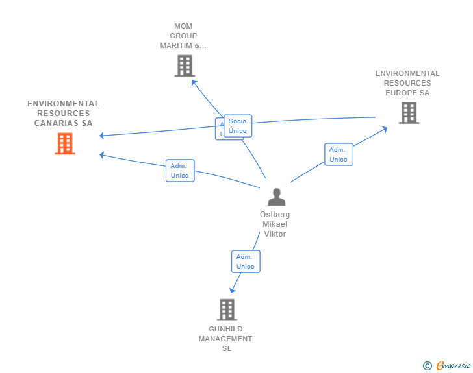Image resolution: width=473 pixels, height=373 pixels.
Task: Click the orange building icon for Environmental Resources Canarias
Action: (65, 143)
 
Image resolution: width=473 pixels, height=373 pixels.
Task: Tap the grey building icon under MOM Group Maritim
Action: (185, 66)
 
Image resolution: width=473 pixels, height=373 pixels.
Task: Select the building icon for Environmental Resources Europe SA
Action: (408, 113)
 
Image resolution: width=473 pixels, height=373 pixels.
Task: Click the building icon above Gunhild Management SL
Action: (227, 309)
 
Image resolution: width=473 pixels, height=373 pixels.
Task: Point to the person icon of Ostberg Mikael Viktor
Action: (277, 197)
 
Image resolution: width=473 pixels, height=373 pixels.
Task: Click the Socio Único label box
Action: (238, 126)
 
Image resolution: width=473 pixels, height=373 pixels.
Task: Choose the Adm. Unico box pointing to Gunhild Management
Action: (246, 261)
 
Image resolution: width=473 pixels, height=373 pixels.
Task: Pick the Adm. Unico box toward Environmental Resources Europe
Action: (339, 154)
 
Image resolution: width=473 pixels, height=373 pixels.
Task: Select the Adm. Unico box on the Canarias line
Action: (180, 171)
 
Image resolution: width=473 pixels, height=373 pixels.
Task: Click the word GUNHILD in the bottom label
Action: (225, 329)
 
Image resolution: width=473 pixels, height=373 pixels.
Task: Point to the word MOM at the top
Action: (183, 27)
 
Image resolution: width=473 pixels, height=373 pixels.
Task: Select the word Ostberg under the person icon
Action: (275, 215)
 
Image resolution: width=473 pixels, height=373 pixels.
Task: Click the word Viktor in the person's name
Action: (275, 234)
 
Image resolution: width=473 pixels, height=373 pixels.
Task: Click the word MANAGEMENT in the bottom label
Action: (225, 339)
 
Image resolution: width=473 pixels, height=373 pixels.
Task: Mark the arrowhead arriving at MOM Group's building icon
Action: (193, 82)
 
